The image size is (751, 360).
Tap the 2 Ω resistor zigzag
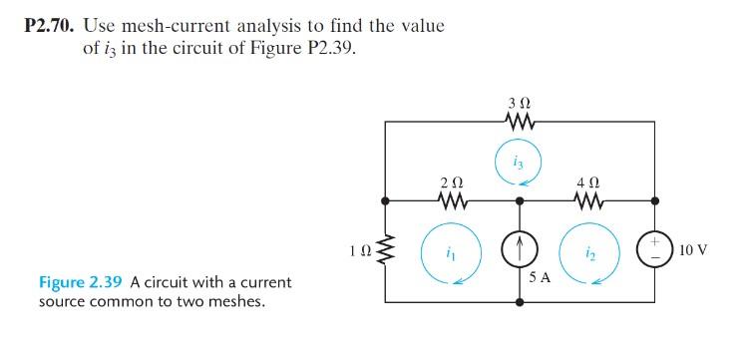451,200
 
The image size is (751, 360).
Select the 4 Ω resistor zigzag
587,200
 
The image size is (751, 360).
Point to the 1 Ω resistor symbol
386,248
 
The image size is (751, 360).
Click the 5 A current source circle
519,248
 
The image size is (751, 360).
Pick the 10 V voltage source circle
656,248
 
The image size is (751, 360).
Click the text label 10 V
692,248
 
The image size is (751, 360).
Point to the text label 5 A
540,278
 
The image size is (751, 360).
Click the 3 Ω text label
519,102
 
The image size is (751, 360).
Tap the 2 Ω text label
451,181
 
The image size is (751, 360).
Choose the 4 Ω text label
587,181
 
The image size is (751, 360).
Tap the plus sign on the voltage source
656,239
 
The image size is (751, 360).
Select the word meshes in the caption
237,300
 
